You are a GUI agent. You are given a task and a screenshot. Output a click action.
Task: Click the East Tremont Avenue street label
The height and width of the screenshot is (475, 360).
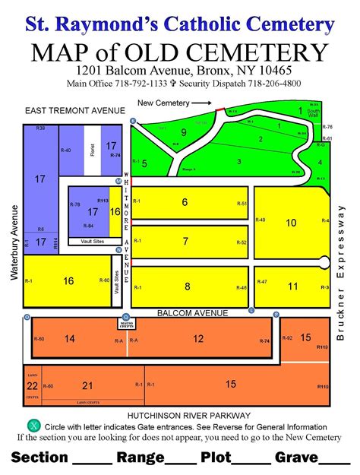74,111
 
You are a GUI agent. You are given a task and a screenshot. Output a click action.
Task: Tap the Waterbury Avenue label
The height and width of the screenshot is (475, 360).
14,244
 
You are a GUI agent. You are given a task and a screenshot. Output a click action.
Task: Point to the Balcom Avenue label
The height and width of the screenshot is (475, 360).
192,313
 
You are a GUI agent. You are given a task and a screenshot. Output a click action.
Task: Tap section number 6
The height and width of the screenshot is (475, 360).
185,202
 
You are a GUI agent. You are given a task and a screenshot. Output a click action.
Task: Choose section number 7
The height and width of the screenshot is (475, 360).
185,242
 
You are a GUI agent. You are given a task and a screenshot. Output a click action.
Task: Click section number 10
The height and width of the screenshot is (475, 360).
290,223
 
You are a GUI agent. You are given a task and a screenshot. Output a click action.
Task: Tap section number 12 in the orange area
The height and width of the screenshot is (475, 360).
198,338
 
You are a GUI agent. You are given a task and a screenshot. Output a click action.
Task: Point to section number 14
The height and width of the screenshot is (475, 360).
70,338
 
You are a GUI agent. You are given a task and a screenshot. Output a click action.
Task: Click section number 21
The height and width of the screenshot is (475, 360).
87,385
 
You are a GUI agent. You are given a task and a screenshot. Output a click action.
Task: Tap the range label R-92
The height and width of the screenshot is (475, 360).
287,337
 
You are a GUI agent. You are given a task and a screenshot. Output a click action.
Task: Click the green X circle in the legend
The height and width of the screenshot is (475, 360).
32,426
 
